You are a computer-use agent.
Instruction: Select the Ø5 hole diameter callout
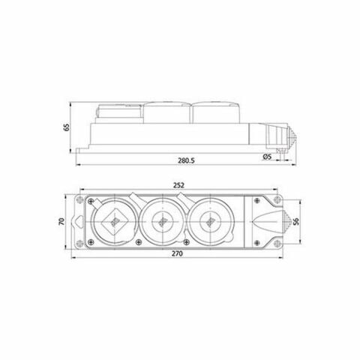click(266, 156)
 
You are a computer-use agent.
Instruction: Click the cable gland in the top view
click(268, 222)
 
